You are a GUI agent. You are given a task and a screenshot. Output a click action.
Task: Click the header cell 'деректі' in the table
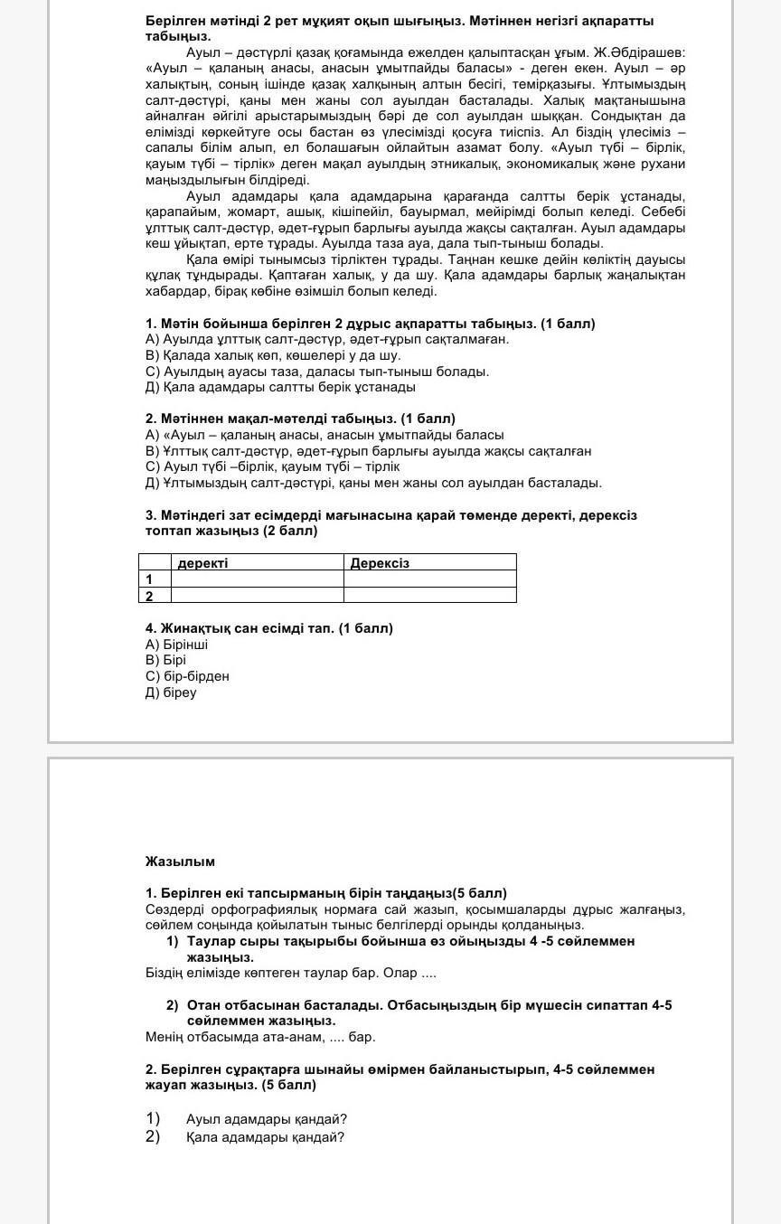(203, 563)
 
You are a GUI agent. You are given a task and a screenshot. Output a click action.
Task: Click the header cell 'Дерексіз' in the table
(380, 563)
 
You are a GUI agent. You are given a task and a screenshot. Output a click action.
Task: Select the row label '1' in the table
(149, 579)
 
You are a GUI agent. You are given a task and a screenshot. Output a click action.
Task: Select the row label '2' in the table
(149, 596)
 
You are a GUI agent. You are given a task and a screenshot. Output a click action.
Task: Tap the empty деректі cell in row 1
(257, 579)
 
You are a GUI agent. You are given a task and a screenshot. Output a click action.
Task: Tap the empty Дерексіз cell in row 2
(429, 596)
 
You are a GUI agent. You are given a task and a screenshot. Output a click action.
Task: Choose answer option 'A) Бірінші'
(177, 645)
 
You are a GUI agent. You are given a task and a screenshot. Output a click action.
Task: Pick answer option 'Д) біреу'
(171, 693)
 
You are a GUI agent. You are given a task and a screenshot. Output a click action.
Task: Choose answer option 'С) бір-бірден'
(187, 677)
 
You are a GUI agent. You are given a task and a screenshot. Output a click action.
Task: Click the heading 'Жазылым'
(180, 862)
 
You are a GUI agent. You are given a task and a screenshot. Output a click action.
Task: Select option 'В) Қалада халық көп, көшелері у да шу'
(273, 355)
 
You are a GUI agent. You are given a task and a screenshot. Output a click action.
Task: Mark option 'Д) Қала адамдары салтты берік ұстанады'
(280, 387)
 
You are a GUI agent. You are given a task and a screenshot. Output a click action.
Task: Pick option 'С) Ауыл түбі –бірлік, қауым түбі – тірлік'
(272, 467)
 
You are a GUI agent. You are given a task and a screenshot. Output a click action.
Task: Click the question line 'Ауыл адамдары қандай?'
(267, 1119)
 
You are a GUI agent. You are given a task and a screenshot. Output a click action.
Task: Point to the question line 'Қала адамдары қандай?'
(265, 1137)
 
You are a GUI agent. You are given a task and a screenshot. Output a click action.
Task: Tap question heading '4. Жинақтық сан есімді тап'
(268, 628)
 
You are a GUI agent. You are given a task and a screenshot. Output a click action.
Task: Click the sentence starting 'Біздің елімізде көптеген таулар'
(291, 974)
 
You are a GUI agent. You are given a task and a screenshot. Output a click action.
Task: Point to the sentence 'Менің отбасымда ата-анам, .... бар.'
(260, 1037)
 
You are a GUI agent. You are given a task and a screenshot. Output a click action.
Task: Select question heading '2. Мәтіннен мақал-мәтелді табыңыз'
(300, 419)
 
